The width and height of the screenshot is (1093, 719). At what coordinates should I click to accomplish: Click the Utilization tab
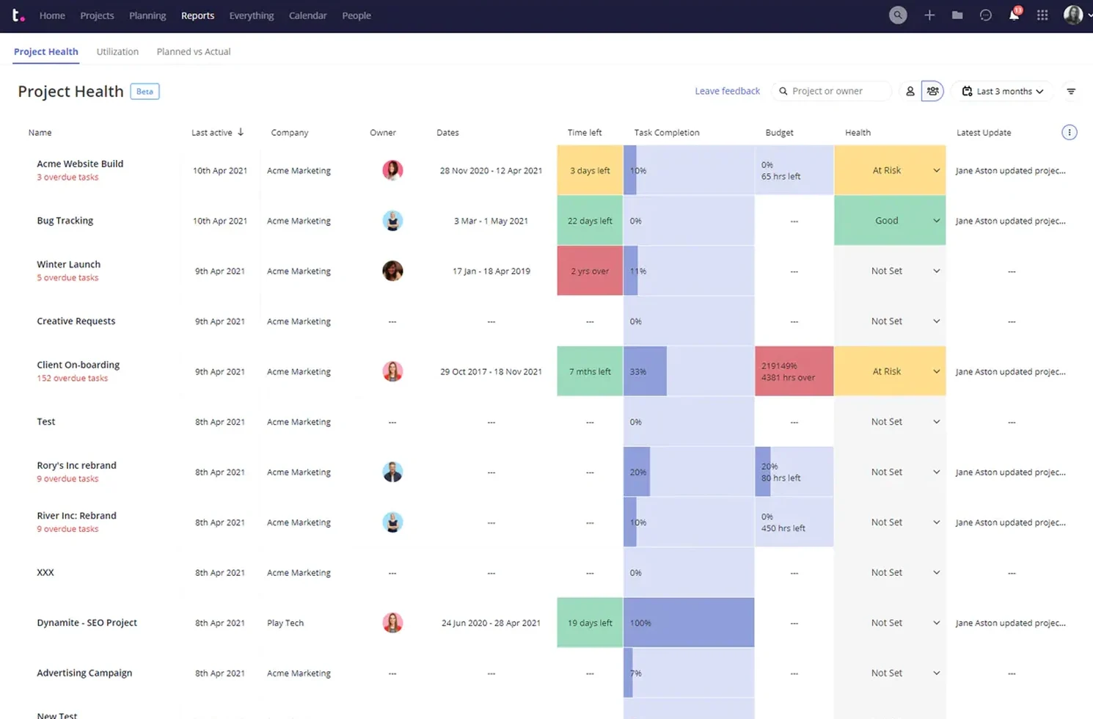pos(117,51)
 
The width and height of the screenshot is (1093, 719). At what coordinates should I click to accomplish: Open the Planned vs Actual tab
pos(194,51)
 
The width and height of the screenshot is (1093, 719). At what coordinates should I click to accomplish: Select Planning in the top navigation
pos(147,15)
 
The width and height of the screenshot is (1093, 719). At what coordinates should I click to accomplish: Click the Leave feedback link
pos(727,91)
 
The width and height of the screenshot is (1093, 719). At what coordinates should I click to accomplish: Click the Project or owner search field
pos(833,91)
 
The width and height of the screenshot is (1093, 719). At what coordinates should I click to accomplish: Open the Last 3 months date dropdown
pos(1004,91)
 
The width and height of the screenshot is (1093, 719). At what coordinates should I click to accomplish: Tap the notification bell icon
pos(1014,15)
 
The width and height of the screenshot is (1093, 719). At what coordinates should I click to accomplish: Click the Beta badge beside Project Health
pos(145,92)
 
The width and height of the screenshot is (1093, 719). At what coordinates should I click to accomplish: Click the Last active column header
pos(212,133)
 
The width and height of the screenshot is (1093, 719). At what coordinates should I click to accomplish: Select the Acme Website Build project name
pos(80,164)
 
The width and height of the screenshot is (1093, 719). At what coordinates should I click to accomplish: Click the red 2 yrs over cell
pos(590,271)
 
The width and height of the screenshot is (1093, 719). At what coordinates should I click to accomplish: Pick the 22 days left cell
pos(590,221)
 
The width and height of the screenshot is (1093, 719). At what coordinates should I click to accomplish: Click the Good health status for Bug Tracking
pos(886,221)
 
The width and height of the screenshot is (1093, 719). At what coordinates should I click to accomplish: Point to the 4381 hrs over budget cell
pos(794,372)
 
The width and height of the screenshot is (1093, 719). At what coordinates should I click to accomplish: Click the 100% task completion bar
pos(688,623)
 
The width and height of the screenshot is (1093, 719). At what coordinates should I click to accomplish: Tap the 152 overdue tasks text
pos(72,379)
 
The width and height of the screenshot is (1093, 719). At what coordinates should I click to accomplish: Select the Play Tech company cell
pos(285,623)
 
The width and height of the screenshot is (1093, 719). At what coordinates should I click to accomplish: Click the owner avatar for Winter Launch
pos(392,271)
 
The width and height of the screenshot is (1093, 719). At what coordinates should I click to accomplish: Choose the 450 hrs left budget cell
pos(794,522)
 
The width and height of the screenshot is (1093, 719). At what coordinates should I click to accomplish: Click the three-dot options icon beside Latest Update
pos(1069,133)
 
